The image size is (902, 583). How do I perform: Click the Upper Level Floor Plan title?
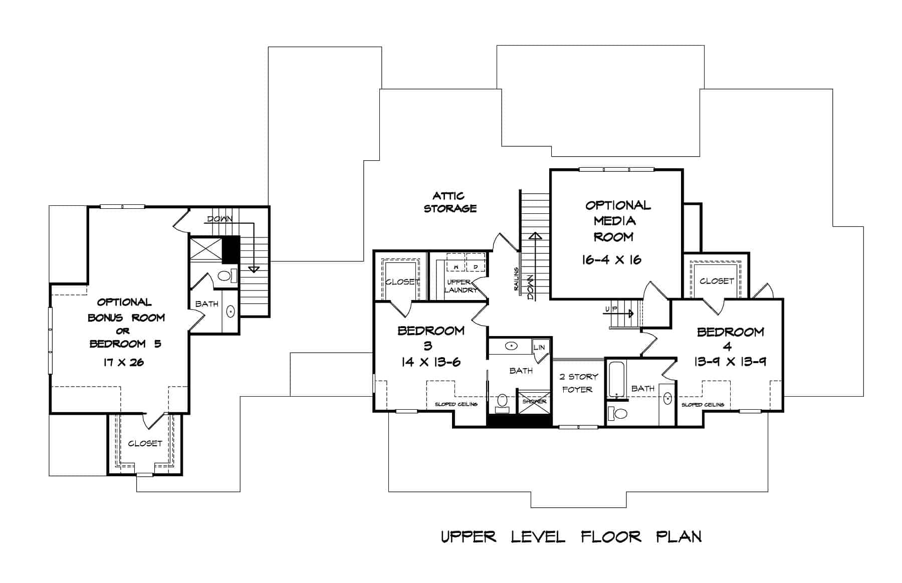tap(571, 537)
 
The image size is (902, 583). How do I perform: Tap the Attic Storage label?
tap(450, 202)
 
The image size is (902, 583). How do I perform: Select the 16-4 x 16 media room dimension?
tap(611, 259)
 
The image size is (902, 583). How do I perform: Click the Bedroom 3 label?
tap(430, 338)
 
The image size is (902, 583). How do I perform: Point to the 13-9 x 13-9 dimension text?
tap(730, 361)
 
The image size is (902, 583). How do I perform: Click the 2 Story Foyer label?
tap(578, 383)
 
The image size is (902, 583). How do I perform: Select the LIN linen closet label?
tap(539, 347)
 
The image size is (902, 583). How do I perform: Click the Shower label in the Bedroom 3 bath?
tap(534, 402)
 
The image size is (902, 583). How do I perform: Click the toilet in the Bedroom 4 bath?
tap(618, 414)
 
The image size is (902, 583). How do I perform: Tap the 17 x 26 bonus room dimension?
tap(123, 362)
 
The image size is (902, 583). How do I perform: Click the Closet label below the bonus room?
tap(145, 443)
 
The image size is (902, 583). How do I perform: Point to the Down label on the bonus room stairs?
tap(219, 219)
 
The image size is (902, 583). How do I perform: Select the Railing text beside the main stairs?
tap(516, 279)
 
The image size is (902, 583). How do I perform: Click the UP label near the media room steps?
tap(611, 309)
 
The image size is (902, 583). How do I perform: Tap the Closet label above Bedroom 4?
tap(716, 281)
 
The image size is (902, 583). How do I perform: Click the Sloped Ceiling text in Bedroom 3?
tap(456, 404)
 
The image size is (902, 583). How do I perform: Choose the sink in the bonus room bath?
tap(231, 311)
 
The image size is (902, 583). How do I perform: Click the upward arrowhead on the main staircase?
tap(535, 235)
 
